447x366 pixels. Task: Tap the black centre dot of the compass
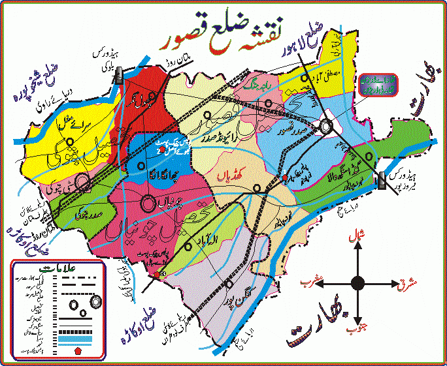click(357, 282)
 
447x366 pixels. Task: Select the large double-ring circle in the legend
click(97, 301)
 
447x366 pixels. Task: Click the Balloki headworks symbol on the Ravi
click(120, 76)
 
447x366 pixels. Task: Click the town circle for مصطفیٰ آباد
click(303, 80)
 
